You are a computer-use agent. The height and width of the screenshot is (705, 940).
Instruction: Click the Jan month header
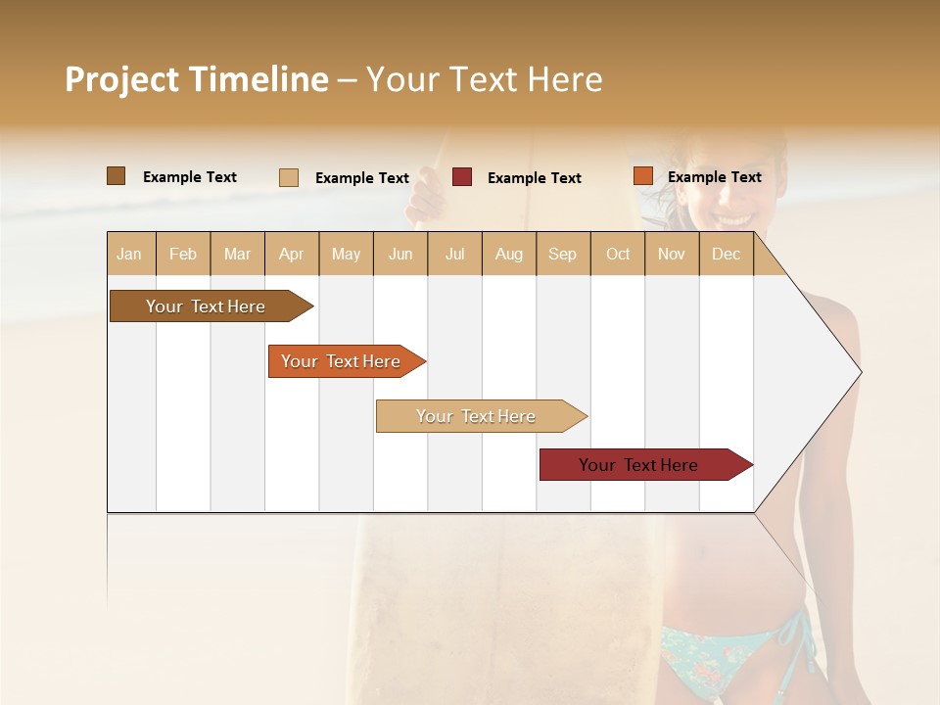pyautogui.click(x=129, y=254)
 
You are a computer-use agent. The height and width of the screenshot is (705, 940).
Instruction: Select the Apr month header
pyautogui.click(x=291, y=254)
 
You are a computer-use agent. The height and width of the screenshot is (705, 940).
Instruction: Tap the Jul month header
pyautogui.click(x=454, y=254)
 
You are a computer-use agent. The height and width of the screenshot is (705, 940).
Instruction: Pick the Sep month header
pyautogui.click(x=562, y=254)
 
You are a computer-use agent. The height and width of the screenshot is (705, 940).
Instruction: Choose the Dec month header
pyautogui.click(x=726, y=254)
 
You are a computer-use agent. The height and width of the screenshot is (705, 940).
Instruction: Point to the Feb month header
pyautogui.click(x=183, y=254)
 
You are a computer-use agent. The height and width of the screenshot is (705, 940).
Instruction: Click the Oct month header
pyautogui.click(x=618, y=254)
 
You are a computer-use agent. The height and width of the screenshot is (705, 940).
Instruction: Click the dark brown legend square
pyautogui.click(x=116, y=176)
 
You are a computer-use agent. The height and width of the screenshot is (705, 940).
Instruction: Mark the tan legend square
pyautogui.click(x=289, y=177)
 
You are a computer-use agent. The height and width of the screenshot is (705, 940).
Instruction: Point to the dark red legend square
pyautogui.click(x=462, y=177)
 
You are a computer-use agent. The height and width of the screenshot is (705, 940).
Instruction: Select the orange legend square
pyautogui.click(x=642, y=176)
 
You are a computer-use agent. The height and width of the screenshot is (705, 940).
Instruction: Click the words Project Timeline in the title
pyautogui.click(x=197, y=79)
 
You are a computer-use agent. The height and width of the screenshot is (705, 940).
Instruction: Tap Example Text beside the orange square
pyautogui.click(x=714, y=177)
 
